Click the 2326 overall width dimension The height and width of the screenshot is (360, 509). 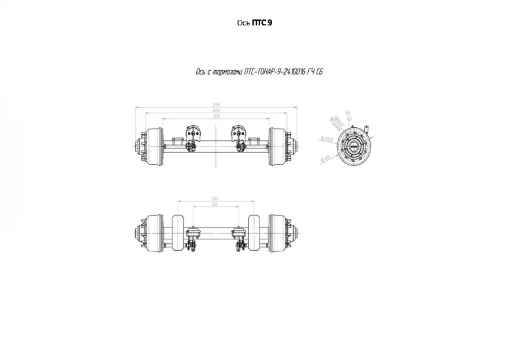[x=216, y=104]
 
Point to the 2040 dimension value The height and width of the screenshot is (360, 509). [x=216, y=110]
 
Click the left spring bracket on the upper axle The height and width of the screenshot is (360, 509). [x=192, y=136]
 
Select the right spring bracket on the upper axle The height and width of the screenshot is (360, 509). [x=239, y=136]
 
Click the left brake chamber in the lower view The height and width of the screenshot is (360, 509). [x=193, y=233]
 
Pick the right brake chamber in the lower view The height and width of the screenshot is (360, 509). [x=239, y=233]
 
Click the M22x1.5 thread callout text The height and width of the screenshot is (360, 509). [x=338, y=120]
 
